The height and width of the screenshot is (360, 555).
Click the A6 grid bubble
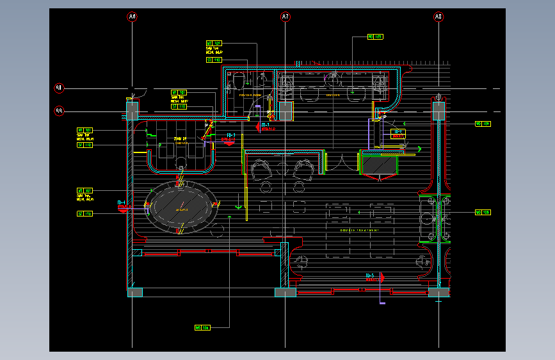(133, 17)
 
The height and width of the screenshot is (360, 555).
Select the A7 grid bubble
(286, 17)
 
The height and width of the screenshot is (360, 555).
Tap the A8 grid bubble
(438, 17)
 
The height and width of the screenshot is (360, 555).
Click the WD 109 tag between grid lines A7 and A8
(374, 37)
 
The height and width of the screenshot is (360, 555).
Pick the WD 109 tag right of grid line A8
(482, 124)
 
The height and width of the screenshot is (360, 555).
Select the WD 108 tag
(482, 212)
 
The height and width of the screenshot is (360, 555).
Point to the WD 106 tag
(202, 327)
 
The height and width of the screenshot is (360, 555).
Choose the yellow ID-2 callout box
(398, 133)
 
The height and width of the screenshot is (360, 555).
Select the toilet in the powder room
(237, 81)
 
